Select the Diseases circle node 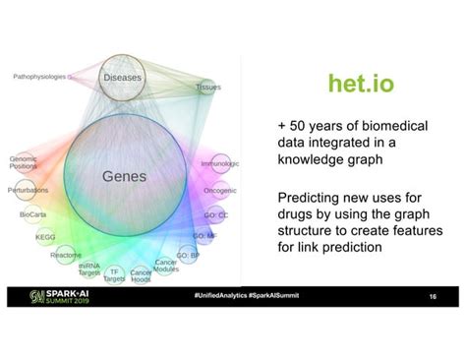point(123,76)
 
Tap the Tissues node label point(208,87)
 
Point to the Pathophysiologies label point(43,76)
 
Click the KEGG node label point(45,237)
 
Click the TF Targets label point(115,274)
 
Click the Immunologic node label point(219,163)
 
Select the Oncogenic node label point(220,190)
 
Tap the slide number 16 point(433,296)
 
